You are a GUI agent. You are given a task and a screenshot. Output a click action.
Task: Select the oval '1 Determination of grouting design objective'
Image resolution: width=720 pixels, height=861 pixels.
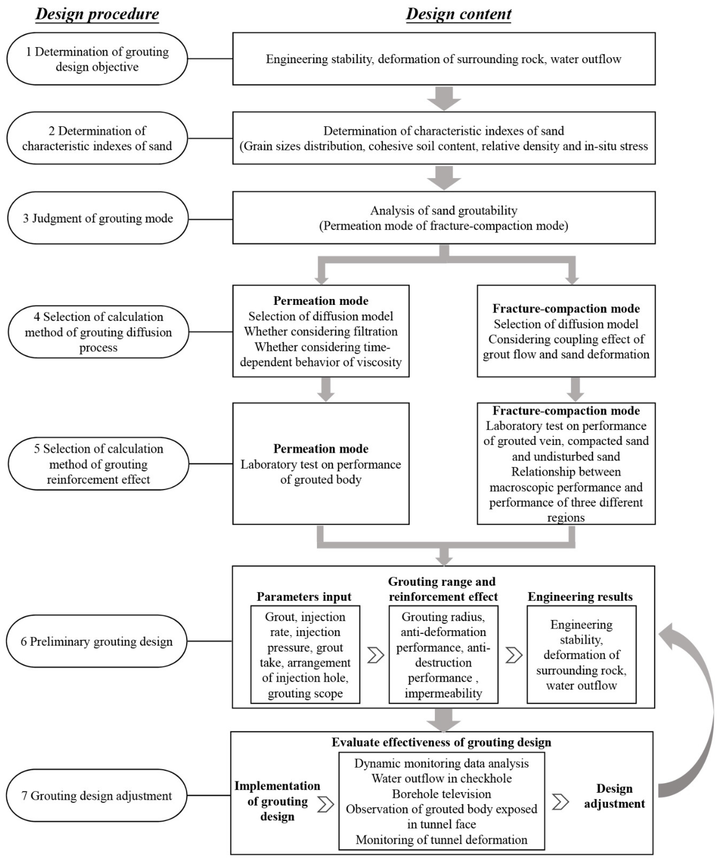pos(97,59)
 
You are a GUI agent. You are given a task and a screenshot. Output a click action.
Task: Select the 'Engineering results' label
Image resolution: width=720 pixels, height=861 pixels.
pos(580,597)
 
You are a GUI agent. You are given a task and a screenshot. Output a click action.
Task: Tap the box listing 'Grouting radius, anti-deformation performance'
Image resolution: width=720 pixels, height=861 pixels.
pos(443,655)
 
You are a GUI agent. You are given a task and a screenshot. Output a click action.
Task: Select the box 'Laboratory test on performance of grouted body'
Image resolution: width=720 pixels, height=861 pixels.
pos(321,464)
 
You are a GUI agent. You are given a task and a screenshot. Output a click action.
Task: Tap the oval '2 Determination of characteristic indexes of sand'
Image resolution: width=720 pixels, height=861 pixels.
pos(97,138)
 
